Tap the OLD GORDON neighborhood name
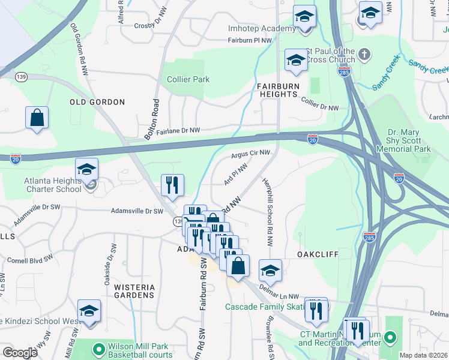click(97, 102)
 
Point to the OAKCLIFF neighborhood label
click(318, 254)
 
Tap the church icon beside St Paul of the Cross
click(364, 56)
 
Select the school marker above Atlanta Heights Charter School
click(87, 170)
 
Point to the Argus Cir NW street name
click(250, 155)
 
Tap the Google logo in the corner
click(20, 353)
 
